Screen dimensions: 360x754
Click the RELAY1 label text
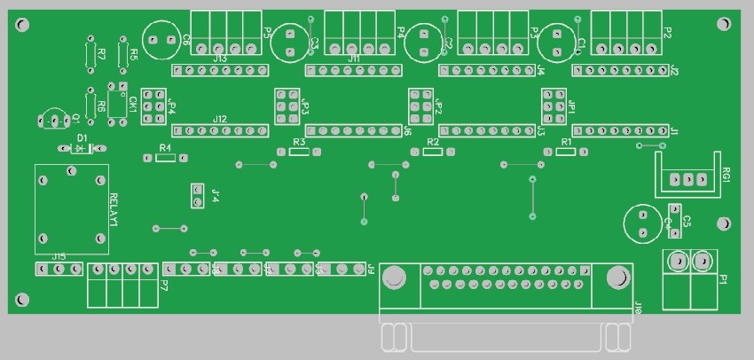(x=114, y=209)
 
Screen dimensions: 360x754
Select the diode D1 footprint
(x=82, y=148)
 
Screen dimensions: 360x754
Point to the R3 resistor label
(x=298, y=142)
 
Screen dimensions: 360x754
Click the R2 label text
(x=432, y=142)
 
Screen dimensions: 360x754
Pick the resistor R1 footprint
(x=566, y=152)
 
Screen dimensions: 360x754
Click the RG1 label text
(x=727, y=173)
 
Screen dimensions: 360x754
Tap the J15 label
(x=59, y=256)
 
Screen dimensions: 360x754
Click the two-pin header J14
(x=197, y=195)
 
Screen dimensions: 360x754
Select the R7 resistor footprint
(x=90, y=54)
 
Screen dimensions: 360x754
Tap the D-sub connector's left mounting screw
(x=393, y=279)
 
